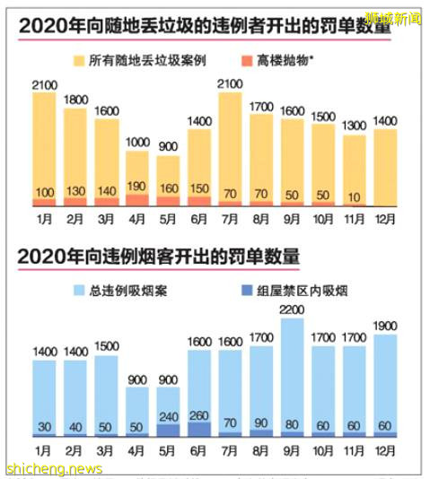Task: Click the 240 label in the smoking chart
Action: (168, 416)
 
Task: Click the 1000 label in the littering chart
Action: (137, 142)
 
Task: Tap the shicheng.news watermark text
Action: (54, 468)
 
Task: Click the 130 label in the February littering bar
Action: (75, 191)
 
